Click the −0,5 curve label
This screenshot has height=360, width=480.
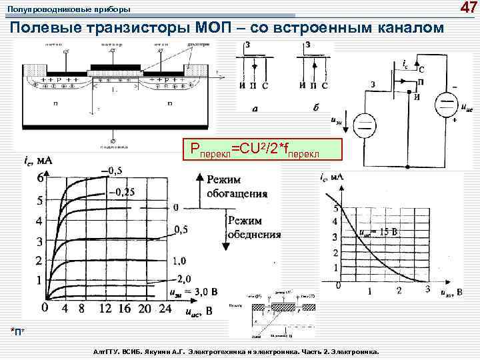click(x=112, y=171)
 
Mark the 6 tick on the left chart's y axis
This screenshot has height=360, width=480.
click(x=41, y=179)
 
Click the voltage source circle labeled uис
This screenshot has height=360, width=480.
click(x=444, y=106)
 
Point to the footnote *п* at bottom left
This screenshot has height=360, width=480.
click(x=21, y=332)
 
